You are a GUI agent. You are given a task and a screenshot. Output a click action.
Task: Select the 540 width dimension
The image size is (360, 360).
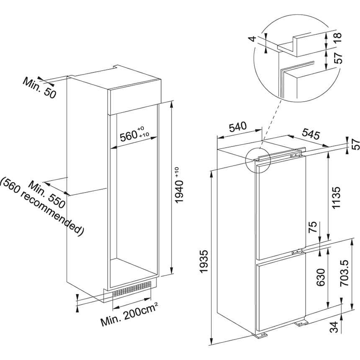(237, 126)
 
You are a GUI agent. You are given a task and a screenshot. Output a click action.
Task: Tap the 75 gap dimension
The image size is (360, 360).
(312, 228)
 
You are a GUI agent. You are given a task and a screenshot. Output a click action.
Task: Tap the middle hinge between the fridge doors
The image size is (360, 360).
(297, 252)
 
